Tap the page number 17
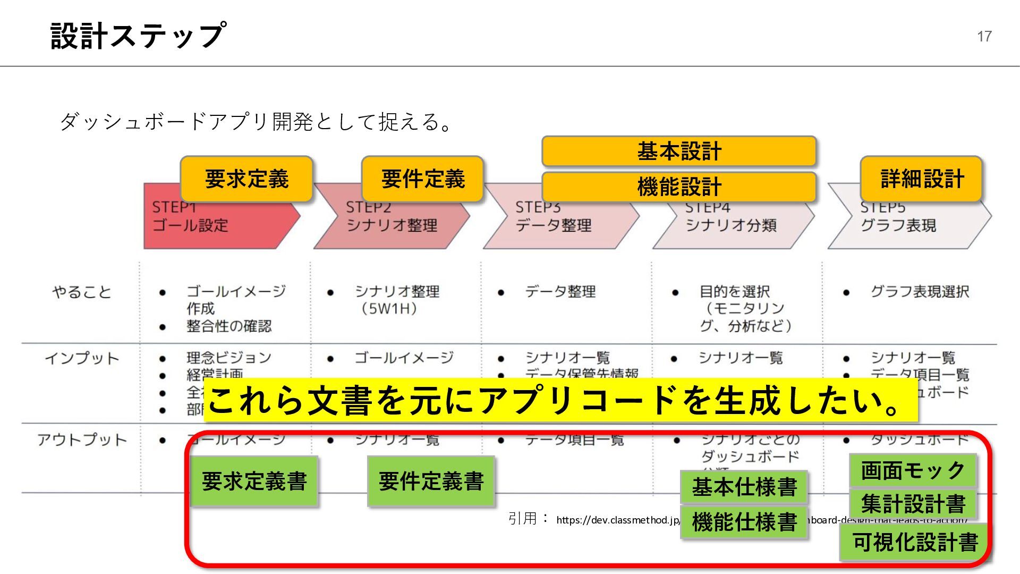coord(984,36)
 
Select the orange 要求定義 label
coord(246,179)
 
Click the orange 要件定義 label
coord(423,179)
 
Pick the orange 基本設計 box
coord(679,151)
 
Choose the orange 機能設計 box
coord(679,187)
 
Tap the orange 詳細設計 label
coord(922,179)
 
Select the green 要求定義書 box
coord(254,482)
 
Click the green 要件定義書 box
coord(431,482)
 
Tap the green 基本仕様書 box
coord(744,487)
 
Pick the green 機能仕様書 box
coord(744,522)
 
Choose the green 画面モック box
coord(913,470)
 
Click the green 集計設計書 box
coord(913,503)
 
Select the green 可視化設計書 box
coord(915,542)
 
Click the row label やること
coord(82,292)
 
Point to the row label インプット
coord(82,358)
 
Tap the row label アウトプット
coord(82,440)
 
